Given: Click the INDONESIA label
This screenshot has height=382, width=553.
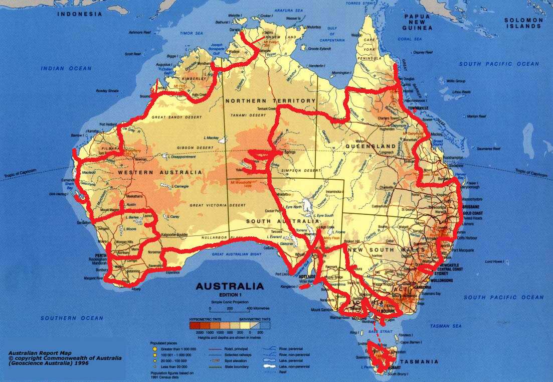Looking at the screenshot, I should (79, 14).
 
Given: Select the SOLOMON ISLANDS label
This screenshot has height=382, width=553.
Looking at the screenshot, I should (524, 23).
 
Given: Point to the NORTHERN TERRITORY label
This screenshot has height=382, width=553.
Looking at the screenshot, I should (270, 101).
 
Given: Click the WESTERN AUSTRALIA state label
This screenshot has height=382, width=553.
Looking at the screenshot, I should (160, 172).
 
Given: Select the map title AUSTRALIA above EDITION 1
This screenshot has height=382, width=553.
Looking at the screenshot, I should (230, 287).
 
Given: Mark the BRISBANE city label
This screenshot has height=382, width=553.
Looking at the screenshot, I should (471, 207).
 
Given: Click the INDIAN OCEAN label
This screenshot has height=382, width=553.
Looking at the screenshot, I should (66, 68).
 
